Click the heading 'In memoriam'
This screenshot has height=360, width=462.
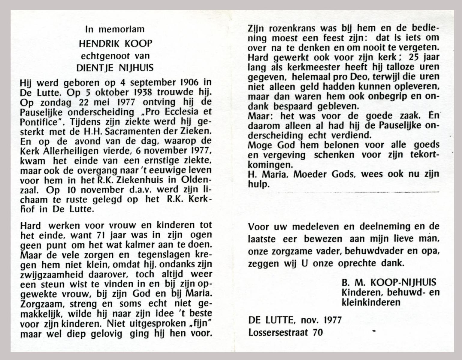coord(115,29)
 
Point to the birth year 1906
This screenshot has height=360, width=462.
coord(192,82)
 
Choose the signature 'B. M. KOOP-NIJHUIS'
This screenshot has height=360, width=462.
coord(389,282)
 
